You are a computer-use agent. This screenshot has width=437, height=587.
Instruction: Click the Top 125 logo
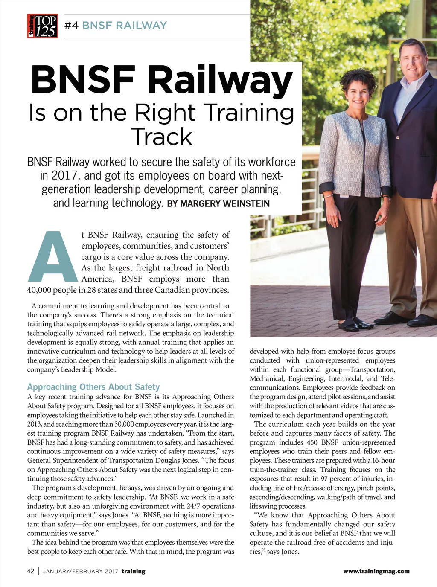(x=42, y=26)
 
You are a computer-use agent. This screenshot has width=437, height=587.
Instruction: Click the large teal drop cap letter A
(x=52, y=257)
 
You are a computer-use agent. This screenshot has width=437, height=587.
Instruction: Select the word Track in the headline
(x=162, y=137)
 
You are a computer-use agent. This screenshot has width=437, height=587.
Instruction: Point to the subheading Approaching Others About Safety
(x=93, y=387)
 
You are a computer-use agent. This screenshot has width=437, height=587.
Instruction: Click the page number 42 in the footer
(x=31, y=571)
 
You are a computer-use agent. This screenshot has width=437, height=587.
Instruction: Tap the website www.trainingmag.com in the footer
(x=376, y=571)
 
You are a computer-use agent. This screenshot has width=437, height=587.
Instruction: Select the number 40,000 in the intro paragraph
(x=39, y=290)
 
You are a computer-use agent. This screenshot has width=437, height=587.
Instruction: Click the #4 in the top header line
(x=71, y=26)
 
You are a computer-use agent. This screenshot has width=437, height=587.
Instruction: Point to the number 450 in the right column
(x=312, y=442)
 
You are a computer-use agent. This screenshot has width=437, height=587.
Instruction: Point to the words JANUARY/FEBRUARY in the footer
(x=73, y=572)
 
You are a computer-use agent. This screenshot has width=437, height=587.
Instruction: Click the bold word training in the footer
(x=133, y=571)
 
